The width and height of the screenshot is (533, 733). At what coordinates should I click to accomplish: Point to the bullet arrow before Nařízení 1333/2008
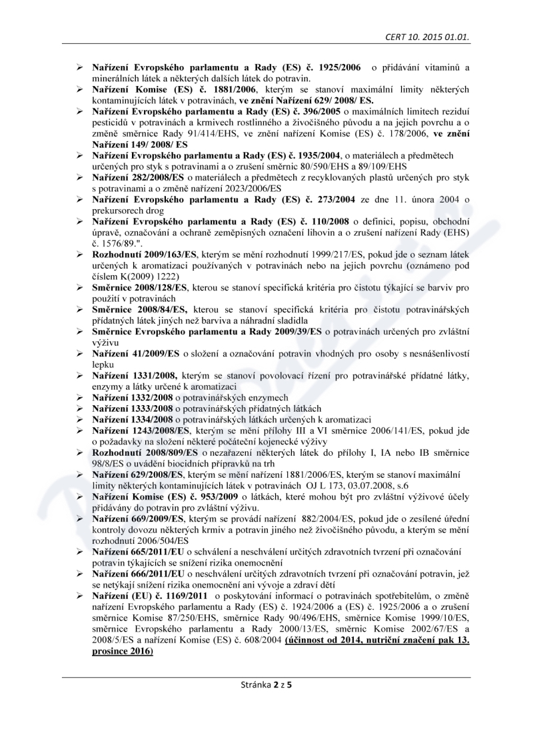click(79, 408)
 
